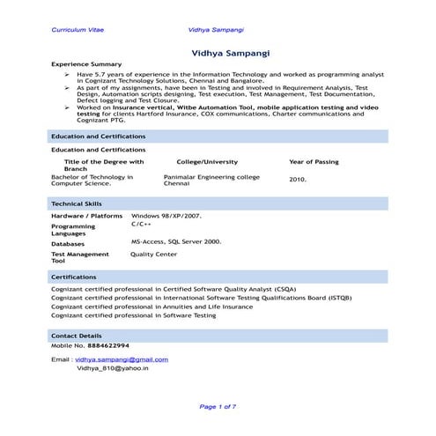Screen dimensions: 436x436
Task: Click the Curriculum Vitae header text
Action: [78, 29]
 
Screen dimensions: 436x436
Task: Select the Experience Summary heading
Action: [86, 65]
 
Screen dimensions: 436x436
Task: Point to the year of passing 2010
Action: [298, 180]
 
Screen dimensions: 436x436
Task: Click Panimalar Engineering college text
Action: [211, 177]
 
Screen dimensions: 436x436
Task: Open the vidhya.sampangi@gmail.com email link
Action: [122, 359]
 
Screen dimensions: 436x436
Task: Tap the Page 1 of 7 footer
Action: [218, 406]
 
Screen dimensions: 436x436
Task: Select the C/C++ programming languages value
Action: [141, 225]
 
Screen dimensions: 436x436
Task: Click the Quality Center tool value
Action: [153, 254]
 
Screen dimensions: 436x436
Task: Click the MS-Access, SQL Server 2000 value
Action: [176, 240]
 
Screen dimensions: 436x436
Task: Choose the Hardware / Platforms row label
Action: [86, 216]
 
